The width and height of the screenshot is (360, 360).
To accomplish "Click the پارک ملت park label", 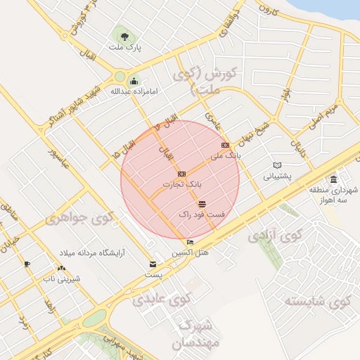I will coord(124,47).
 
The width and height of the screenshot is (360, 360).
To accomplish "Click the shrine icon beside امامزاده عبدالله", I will coord(134,82).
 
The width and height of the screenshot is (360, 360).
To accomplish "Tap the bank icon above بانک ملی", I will coord(225,145).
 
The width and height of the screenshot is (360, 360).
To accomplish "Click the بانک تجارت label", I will coord(182,184).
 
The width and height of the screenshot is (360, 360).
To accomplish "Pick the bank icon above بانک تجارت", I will coord(181,173).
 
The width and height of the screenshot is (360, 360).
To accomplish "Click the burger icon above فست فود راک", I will coord(202,203).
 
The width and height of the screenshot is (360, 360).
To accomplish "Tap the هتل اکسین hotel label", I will coord(190,252).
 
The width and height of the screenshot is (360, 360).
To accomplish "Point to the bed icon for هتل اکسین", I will coord(191,243).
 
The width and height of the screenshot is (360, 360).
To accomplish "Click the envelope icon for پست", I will coord(153,264).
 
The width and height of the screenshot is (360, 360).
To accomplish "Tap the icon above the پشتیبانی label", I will coord(277,166).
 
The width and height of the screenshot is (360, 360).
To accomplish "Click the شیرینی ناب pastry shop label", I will coord(62,278).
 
